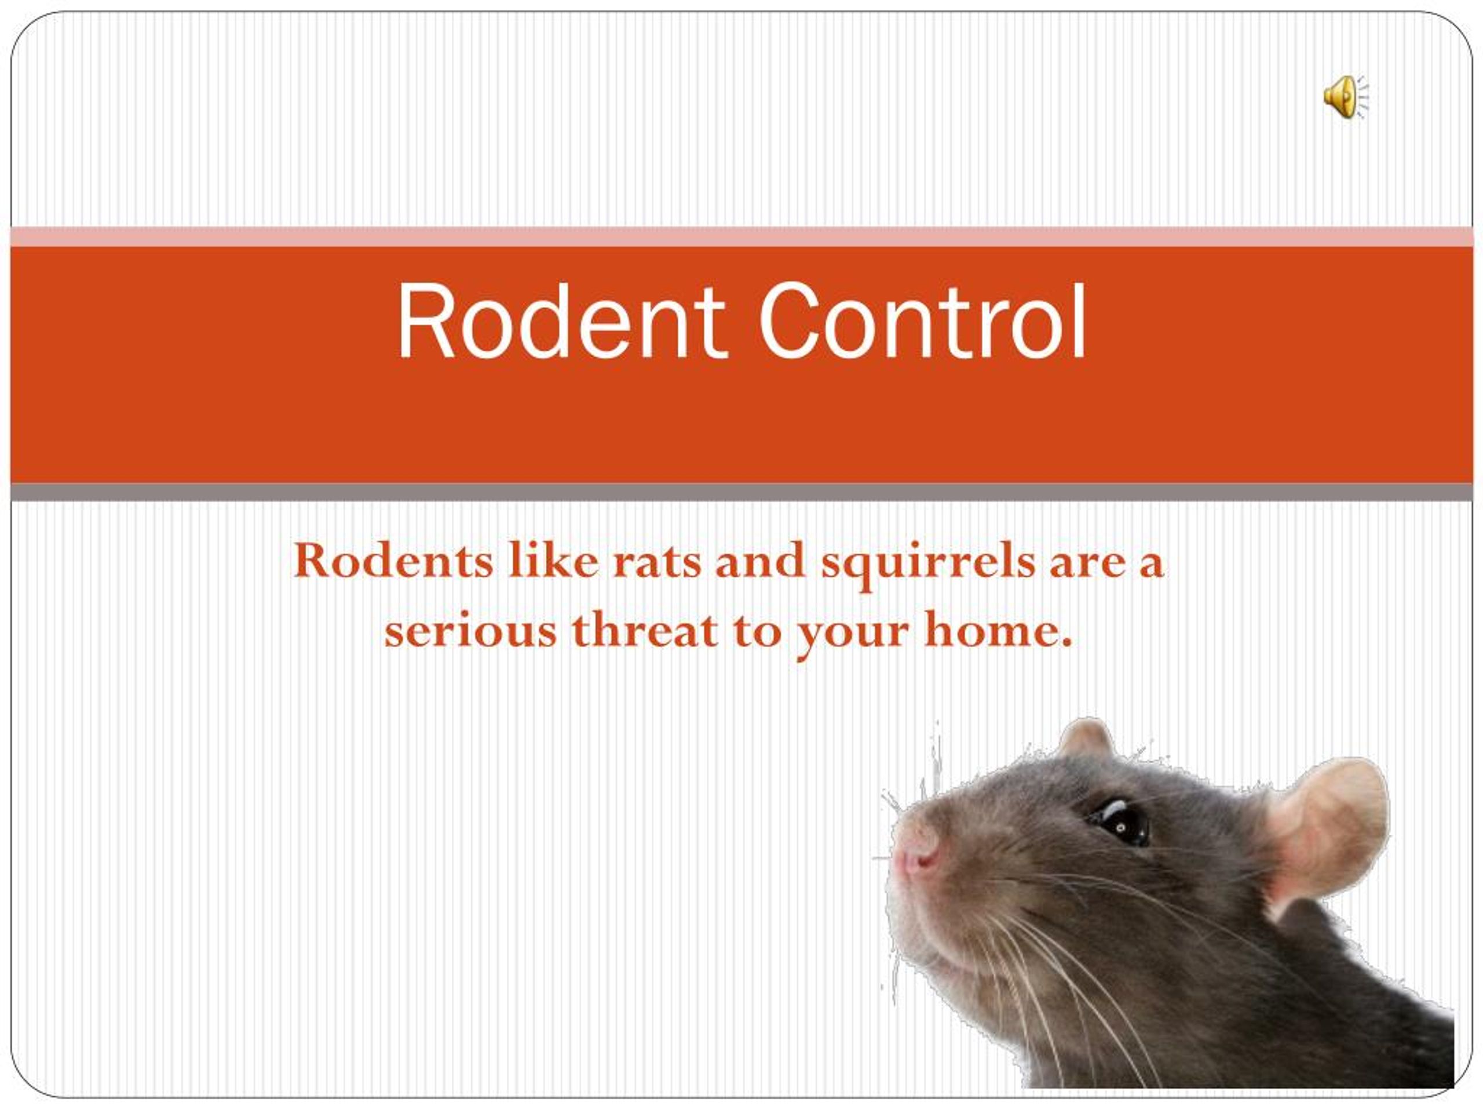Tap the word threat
coord(644,631)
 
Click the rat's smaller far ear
coord(1085,738)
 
